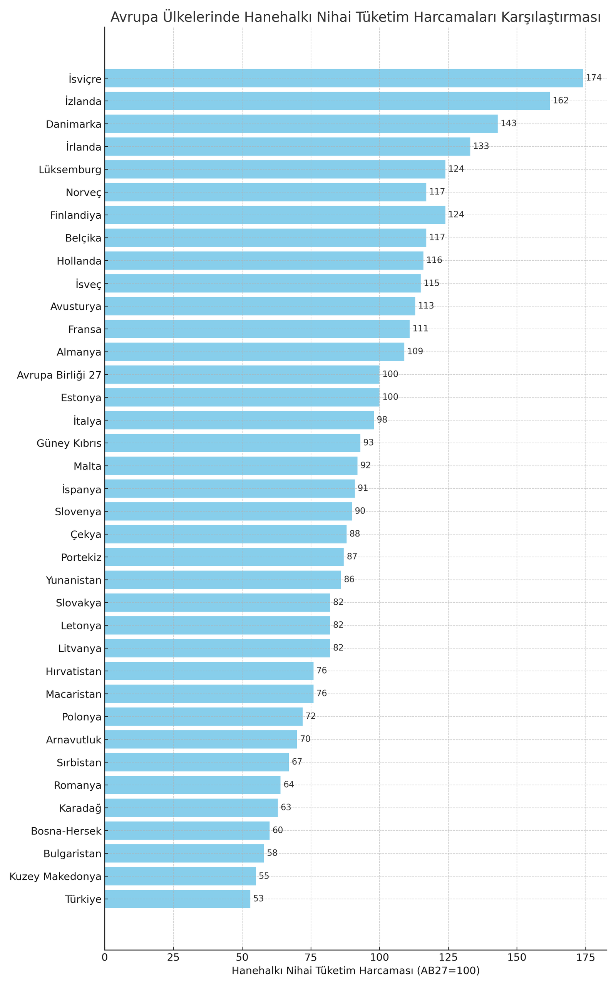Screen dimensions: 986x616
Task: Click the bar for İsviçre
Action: pyautogui.click(x=343, y=78)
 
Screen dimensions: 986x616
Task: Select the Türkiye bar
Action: pyautogui.click(x=177, y=899)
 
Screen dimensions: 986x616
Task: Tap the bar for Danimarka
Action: pyautogui.click(x=301, y=124)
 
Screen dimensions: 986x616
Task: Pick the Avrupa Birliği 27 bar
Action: pyautogui.click(x=242, y=374)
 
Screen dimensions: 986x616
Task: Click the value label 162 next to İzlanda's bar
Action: pyautogui.click(x=560, y=101)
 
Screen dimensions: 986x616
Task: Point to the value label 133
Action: pyautogui.click(x=481, y=146)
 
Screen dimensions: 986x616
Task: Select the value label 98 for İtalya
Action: pyautogui.click(x=382, y=420)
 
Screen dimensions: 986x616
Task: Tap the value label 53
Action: pyautogui.click(x=258, y=899)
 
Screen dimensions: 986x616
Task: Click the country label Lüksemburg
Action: pyautogui.click(x=70, y=169)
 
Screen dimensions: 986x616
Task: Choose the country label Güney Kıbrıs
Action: pyautogui.click(x=69, y=443)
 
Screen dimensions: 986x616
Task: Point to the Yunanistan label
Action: pyautogui.click(x=73, y=580)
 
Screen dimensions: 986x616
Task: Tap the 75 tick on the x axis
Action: pyautogui.click(x=311, y=957)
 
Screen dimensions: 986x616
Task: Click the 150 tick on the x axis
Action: pyautogui.click(x=517, y=957)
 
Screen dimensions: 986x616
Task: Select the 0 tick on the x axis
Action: pyautogui.click(x=105, y=957)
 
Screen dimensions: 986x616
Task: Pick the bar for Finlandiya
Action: pyautogui.click(x=275, y=215)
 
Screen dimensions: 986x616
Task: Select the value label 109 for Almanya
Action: pyautogui.click(x=415, y=352)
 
